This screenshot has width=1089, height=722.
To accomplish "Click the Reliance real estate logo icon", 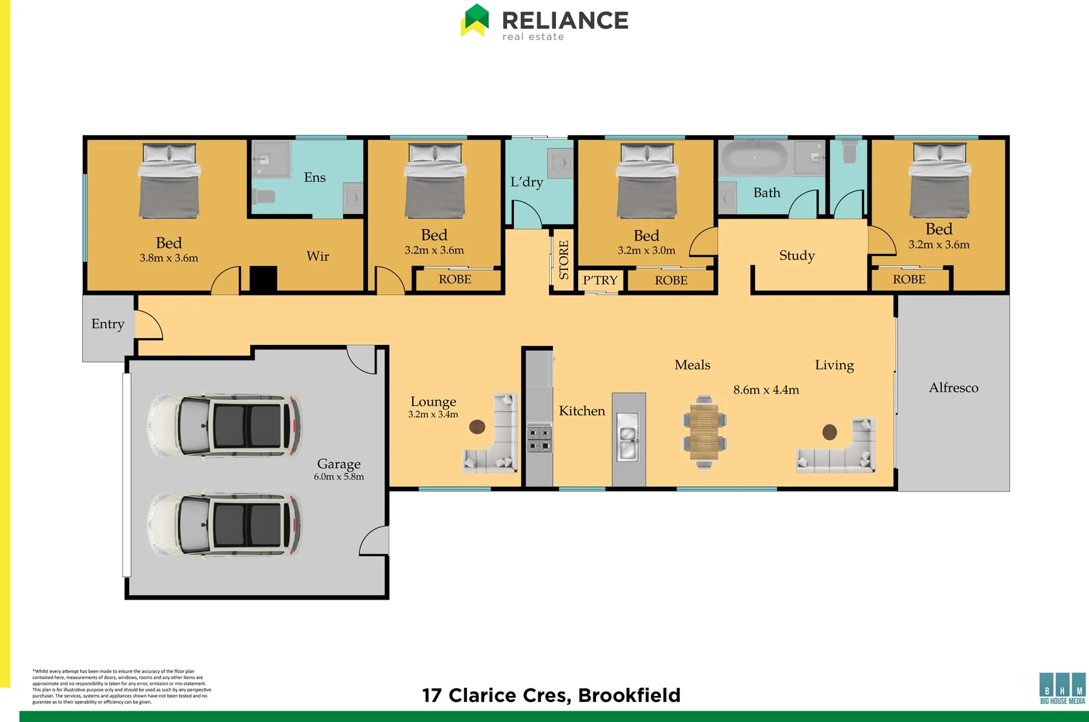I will (475, 20).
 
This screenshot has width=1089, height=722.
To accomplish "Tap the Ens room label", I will (314, 177).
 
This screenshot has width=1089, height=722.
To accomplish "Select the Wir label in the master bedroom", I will (318, 256).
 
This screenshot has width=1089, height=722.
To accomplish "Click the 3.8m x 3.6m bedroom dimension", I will (169, 258).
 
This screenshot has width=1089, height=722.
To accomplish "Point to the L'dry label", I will (526, 182).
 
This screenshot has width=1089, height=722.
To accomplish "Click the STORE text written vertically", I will (563, 259).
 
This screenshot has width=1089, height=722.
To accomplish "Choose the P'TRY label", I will (600, 280).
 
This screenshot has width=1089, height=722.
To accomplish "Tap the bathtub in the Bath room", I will (754, 158).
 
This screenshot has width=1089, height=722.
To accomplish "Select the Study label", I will (797, 255).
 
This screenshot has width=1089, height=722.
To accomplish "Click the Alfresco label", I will (953, 388).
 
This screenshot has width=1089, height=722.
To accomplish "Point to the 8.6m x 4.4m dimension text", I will (766, 390).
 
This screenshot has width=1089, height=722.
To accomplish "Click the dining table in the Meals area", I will (704, 431).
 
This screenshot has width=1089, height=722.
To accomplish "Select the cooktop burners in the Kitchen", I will (538, 438).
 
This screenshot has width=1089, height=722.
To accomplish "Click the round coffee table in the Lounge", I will (477, 426).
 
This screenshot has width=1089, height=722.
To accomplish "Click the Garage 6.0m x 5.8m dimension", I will (338, 477).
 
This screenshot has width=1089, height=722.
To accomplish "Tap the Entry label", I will (108, 324).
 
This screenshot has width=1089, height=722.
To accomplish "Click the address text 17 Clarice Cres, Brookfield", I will (551, 695).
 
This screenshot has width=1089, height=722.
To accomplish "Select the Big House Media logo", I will (1062, 689).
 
